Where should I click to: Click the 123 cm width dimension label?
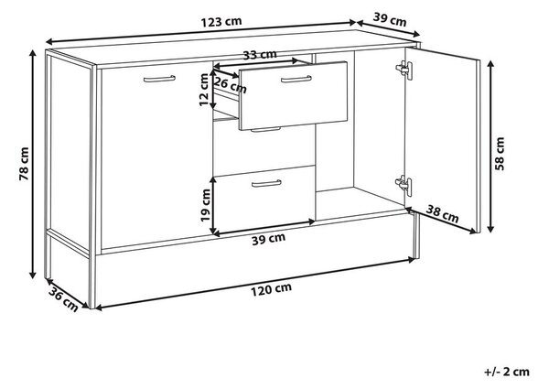(x=221, y=22)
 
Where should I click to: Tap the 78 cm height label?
(x=24, y=164)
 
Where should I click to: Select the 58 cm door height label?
(x=500, y=154)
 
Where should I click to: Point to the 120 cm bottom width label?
(x=271, y=289)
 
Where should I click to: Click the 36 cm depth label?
(x=63, y=298)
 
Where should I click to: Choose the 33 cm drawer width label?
(x=260, y=55)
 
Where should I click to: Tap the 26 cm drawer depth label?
(x=230, y=85)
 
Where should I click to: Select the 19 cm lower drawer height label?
(x=206, y=205)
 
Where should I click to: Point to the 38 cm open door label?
(x=442, y=213)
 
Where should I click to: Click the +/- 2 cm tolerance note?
(x=507, y=372)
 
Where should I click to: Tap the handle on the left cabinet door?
(x=159, y=79)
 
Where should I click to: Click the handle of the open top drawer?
(x=296, y=79)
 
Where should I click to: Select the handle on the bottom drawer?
(x=266, y=183)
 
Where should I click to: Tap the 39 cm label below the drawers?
(x=268, y=240)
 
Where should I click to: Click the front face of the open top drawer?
(x=293, y=95)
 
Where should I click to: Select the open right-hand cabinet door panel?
(x=442, y=139)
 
